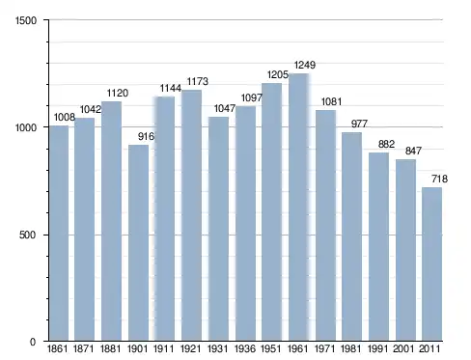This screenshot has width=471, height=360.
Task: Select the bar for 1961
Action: pos(298,208)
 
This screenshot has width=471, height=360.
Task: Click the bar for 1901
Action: pos(138,243)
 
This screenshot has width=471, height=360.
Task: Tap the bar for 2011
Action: pos(431,264)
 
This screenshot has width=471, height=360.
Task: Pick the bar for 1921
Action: pos(191,215)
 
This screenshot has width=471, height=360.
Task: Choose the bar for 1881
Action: pos(111,221)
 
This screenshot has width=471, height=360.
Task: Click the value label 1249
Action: pos(305,65)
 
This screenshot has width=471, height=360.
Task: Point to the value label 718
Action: pos(439,179)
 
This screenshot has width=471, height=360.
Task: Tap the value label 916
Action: pos(146,136)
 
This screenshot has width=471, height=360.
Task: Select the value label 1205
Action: pos(278,75)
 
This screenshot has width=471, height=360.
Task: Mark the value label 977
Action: pos(359,124)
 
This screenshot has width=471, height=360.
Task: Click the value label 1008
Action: pos(65,117)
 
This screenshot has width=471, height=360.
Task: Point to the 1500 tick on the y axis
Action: pos(26,20)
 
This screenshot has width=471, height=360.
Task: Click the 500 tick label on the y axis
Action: pos(27,235)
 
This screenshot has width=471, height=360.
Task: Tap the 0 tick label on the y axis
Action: pos(33,342)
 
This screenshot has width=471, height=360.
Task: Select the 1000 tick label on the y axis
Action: pos(26,127)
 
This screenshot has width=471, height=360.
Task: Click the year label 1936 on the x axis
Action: pos(245,348)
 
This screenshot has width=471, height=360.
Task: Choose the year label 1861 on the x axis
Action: pos(58,348)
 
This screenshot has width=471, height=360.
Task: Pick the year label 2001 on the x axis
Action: pos(404,348)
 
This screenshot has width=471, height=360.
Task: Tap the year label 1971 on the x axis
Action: pos(324,348)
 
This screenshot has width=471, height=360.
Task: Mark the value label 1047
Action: pos(225,108)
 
